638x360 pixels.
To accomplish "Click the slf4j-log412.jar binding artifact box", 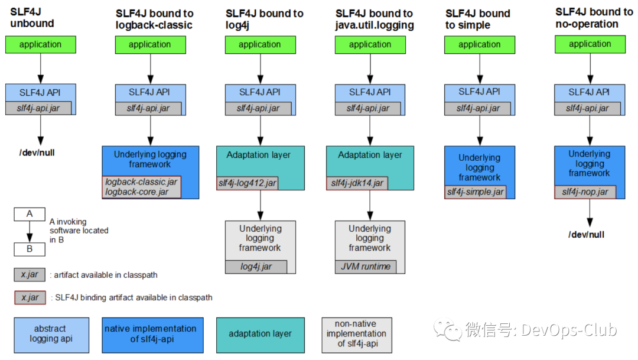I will click(247, 183).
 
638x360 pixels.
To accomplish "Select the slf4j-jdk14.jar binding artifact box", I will click(357, 183).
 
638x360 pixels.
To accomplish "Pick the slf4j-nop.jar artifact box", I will click(585, 192).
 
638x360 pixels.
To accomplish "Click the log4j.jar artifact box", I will click(256, 267).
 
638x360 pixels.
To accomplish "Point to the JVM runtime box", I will click(366, 267).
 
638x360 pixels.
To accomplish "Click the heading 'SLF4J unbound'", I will click(32, 18).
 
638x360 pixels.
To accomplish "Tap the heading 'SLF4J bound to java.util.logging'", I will click(374, 19).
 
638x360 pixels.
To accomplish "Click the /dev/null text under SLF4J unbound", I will click(37, 153).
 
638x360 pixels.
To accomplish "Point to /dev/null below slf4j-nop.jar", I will click(586, 235).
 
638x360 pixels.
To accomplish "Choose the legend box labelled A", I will click(30, 214).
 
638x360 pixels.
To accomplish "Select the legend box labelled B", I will click(30, 249).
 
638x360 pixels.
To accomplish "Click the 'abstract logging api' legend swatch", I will click(51, 335).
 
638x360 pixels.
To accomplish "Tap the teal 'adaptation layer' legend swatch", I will click(260, 334).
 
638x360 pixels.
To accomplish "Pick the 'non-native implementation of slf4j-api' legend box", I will click(357, 334).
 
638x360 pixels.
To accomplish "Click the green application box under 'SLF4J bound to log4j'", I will click(260, 44).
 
